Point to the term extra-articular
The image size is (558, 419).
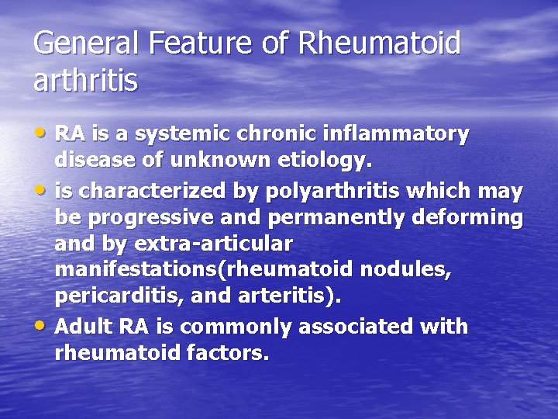click(x=213, y=244)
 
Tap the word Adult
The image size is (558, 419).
click(x=84, y=326)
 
